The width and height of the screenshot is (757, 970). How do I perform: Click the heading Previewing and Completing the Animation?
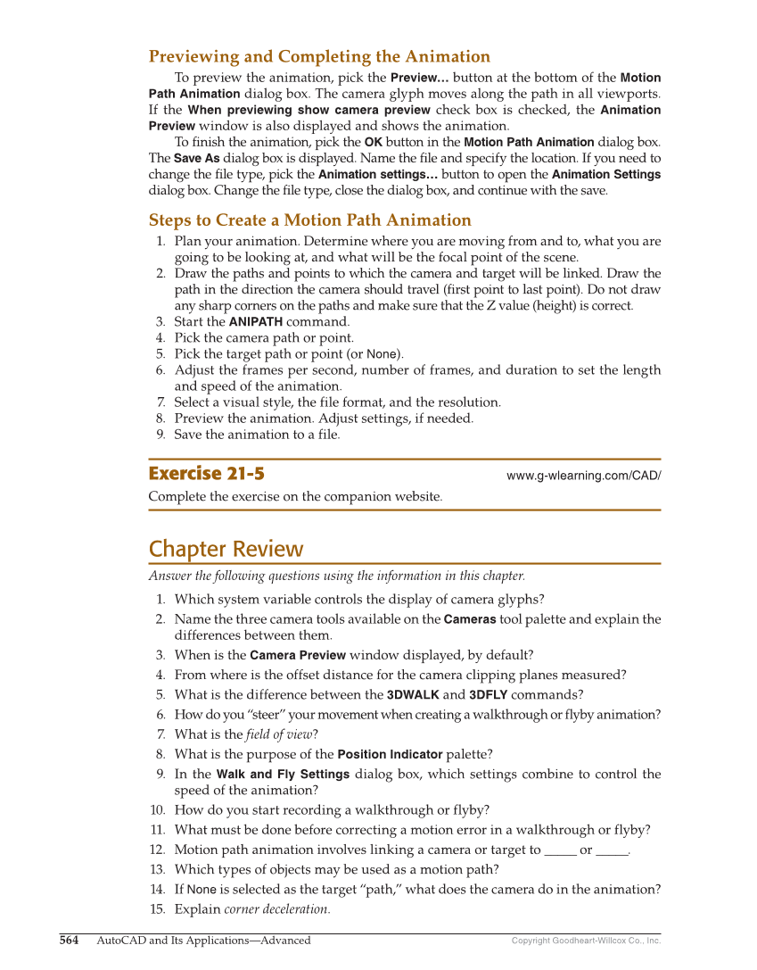(319, 57)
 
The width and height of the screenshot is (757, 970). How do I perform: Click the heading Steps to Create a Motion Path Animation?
(309, 220)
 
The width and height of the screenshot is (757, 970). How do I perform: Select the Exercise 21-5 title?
(206, 474)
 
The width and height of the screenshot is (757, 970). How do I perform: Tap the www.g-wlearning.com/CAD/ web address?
(583, 476)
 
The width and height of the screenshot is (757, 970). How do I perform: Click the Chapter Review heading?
(226, 549)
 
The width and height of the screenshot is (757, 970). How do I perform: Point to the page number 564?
(69, 940)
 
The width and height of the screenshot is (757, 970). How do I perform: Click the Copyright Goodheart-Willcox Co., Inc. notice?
(586, 941)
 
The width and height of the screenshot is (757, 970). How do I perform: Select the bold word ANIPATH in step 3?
(256, 322)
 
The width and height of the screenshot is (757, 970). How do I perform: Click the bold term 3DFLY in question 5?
(488, 695)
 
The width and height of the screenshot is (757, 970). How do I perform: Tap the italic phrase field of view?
(279, 734)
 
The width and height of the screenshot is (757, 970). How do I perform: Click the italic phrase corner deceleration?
(276, 909)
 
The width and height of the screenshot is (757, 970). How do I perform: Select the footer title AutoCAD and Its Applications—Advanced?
(203, 940)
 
